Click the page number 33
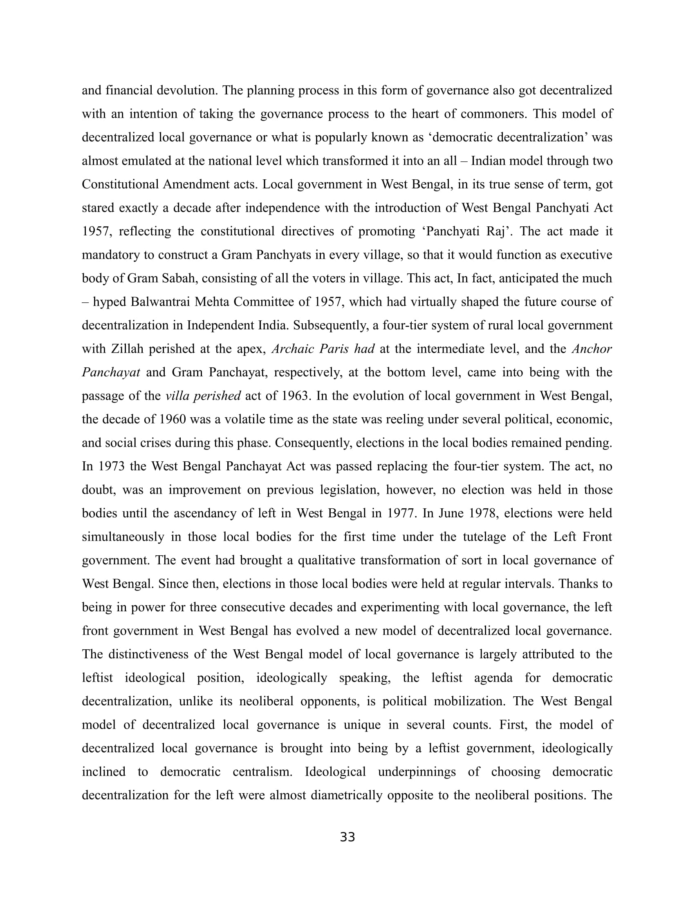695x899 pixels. click(x=347, y=837)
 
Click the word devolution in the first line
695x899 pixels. click(x=187, y=90)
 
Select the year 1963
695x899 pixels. click(x=295, y=396)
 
